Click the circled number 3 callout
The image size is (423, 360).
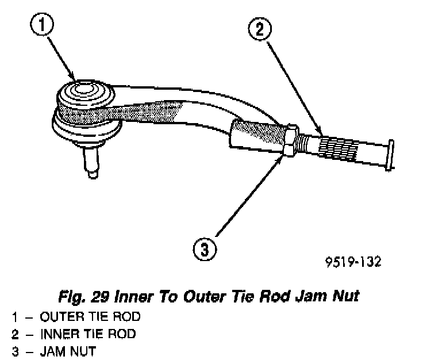point(206,250)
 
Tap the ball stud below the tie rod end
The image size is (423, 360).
point(90,162)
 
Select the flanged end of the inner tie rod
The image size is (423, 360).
point(390,154)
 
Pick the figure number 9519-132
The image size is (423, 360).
point(352,262)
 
